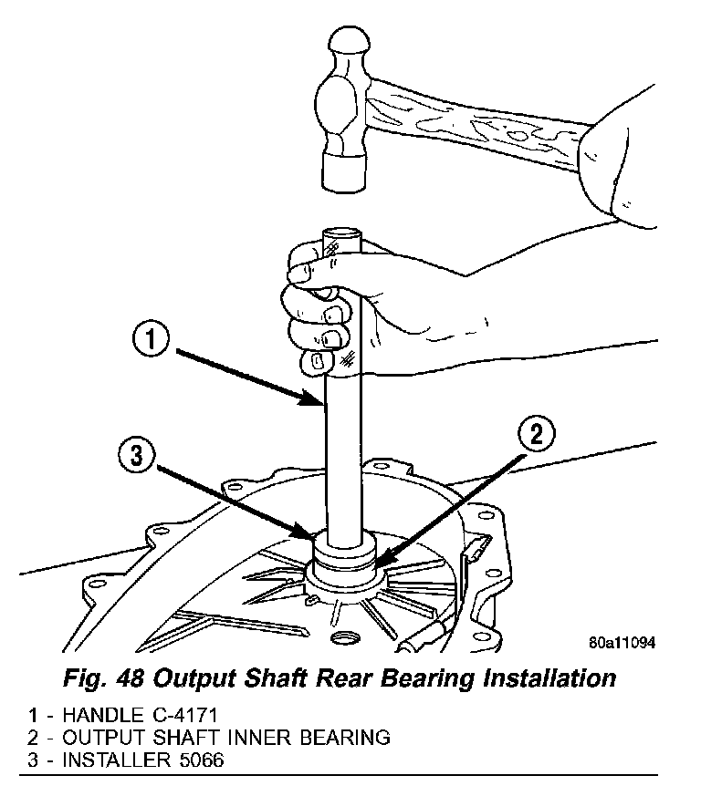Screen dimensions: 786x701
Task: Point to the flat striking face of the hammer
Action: coord(345,173)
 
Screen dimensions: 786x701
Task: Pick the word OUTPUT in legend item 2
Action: coord(99,737)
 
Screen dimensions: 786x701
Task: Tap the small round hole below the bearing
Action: coord(344,636)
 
